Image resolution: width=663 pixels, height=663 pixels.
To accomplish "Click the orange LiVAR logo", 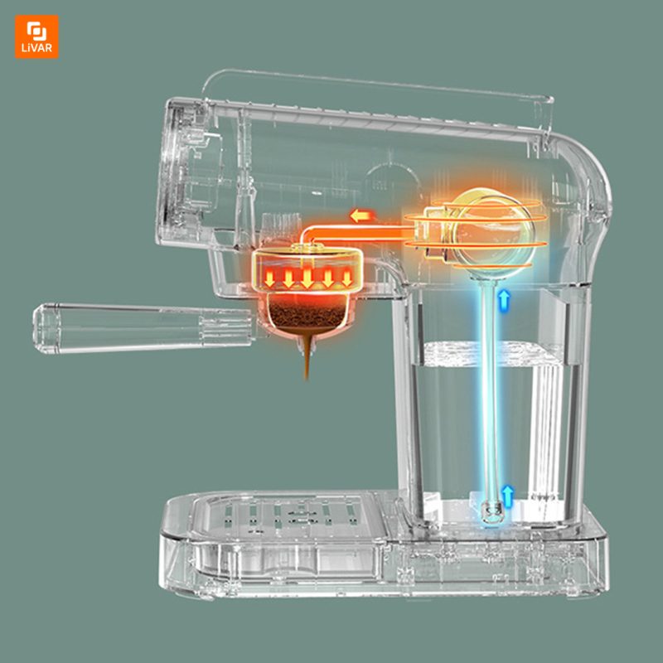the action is (x=36, y=36).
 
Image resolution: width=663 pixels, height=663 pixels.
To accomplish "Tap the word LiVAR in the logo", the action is (x=36, y=48).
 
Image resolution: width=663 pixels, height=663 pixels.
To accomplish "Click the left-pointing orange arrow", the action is (x=362, y=216).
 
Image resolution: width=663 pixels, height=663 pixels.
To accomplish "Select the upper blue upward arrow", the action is (x=504, y=301).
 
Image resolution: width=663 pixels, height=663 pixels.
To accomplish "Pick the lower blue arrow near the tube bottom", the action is (x=507, y=496).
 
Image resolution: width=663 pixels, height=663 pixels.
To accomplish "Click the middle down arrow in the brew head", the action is (x=307, y=278).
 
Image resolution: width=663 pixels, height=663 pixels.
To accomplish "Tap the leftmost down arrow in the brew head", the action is (x=269, y=278).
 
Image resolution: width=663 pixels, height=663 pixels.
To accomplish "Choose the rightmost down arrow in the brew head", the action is (x=346, y=278).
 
